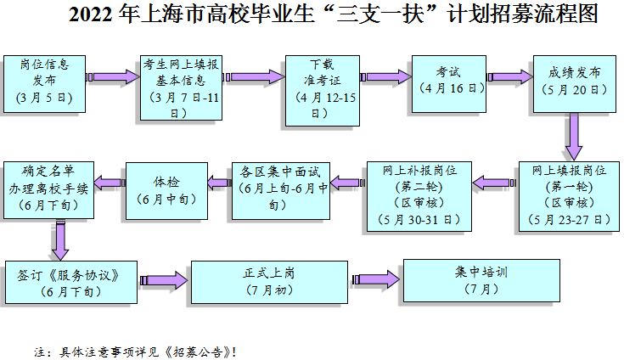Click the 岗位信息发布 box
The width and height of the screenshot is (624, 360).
(44, 84)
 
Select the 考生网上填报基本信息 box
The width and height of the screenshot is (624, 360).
(181, 87)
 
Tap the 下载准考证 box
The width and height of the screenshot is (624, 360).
(323, 91)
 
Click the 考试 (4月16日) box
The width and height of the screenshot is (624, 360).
(449, 84)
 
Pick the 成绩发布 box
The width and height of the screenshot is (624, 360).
(575, 84)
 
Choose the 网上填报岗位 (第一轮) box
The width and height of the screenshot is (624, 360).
(569, 196)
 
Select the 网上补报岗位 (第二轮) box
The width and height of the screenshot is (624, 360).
(419, 196)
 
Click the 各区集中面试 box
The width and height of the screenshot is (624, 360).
(281, 190)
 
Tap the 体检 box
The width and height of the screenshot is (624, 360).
(166, 190)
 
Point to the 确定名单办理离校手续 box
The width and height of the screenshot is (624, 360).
(49, 189)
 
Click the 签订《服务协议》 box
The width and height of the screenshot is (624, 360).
(71, 282)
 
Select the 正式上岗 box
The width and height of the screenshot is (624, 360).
(269, 282)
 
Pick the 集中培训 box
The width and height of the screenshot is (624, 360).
(481, 280)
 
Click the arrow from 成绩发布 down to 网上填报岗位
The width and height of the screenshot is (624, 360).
(574, 137)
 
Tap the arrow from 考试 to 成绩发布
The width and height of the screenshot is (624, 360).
(510, 76)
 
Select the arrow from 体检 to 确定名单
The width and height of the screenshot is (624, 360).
(110, 183)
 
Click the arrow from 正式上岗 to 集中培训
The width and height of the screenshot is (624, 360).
(375, 279)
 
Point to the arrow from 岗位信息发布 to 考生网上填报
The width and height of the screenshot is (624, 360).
(113, 76)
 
